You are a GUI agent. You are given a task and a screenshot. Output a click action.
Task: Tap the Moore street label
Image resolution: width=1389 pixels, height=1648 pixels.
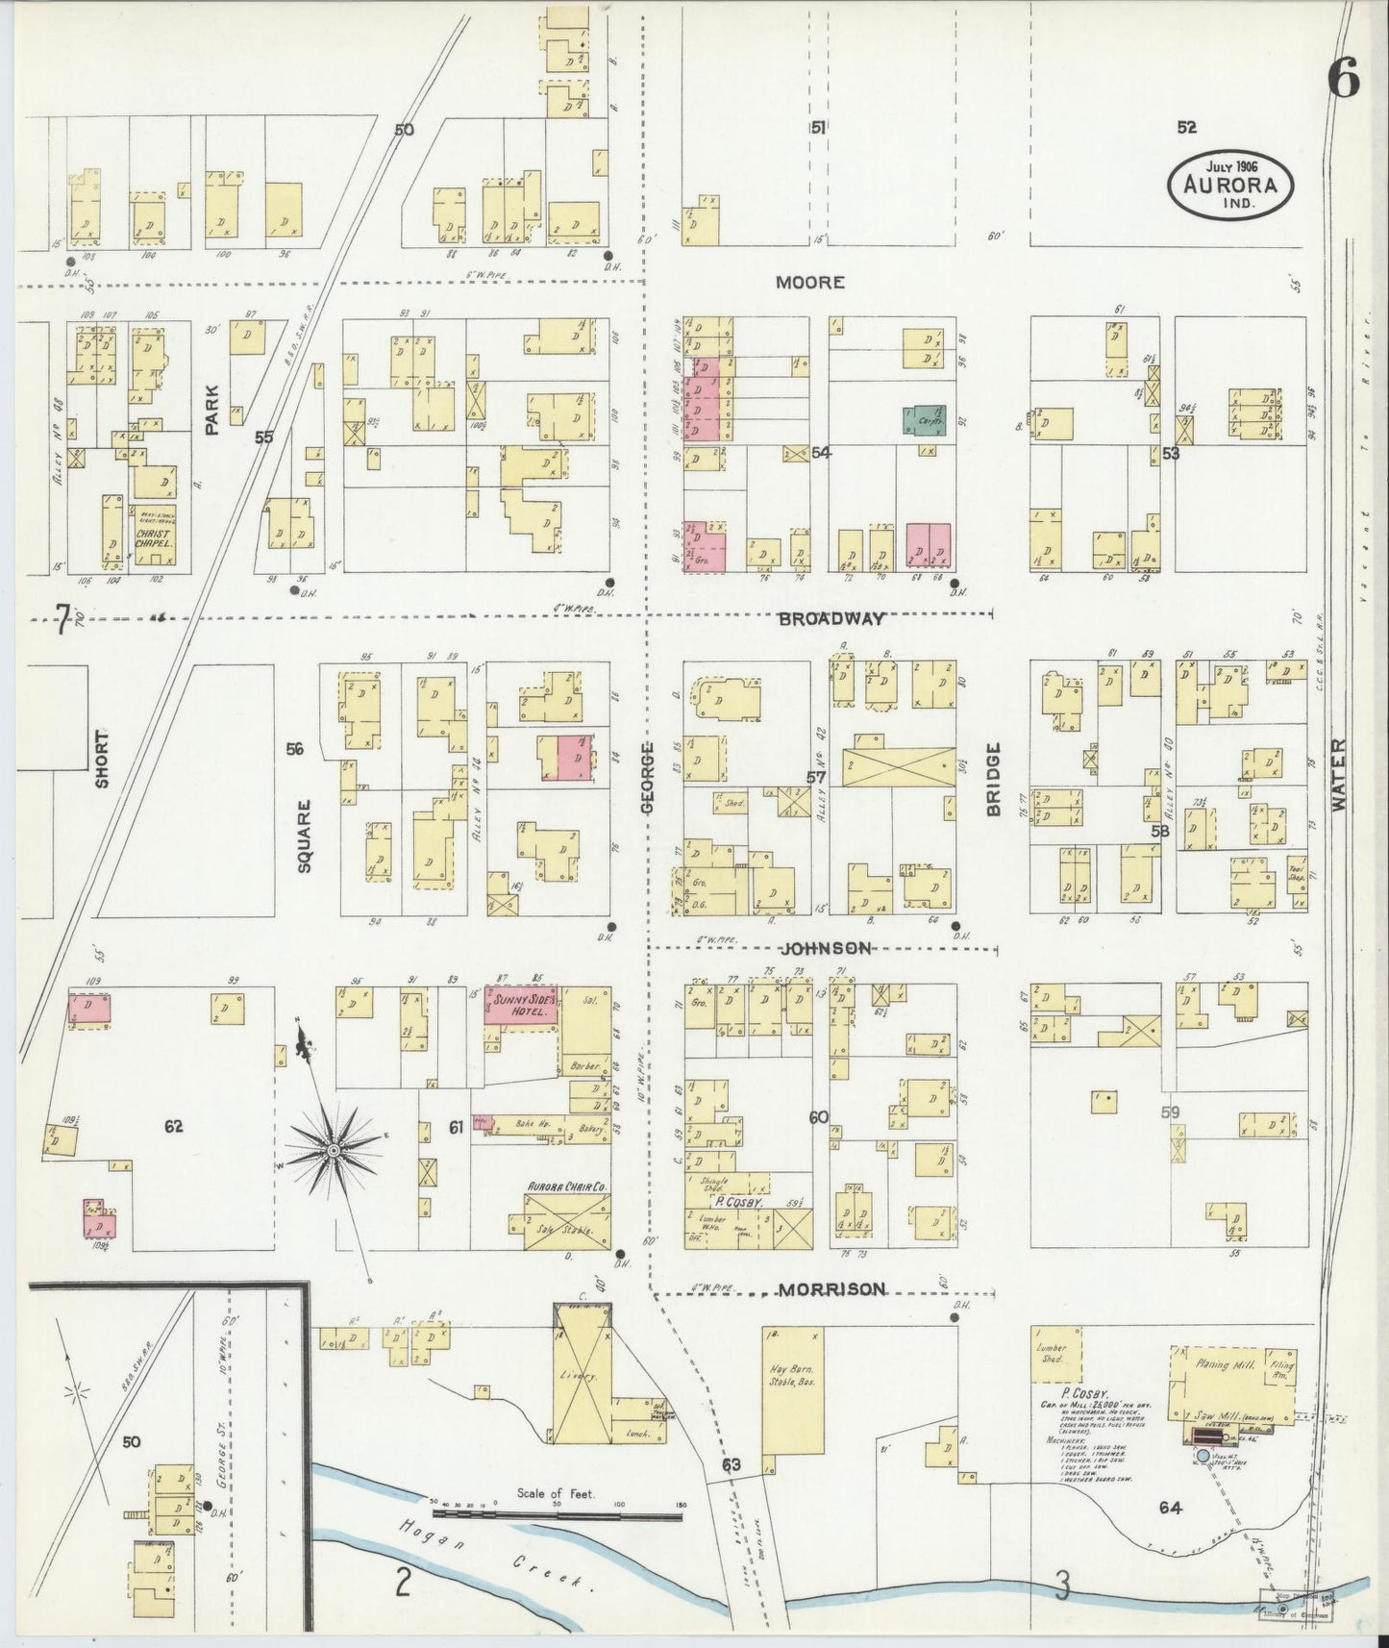[811, 283]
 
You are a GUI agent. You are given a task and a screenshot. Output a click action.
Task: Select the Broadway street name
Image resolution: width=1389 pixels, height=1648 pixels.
[831, 620]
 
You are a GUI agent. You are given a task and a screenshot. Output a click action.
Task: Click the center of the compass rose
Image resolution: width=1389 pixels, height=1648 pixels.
[332, 1150]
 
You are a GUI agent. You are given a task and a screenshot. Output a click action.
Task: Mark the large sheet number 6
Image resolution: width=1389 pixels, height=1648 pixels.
[1344, 81]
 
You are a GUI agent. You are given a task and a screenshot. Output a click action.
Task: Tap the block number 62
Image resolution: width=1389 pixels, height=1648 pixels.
[173, 1127]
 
